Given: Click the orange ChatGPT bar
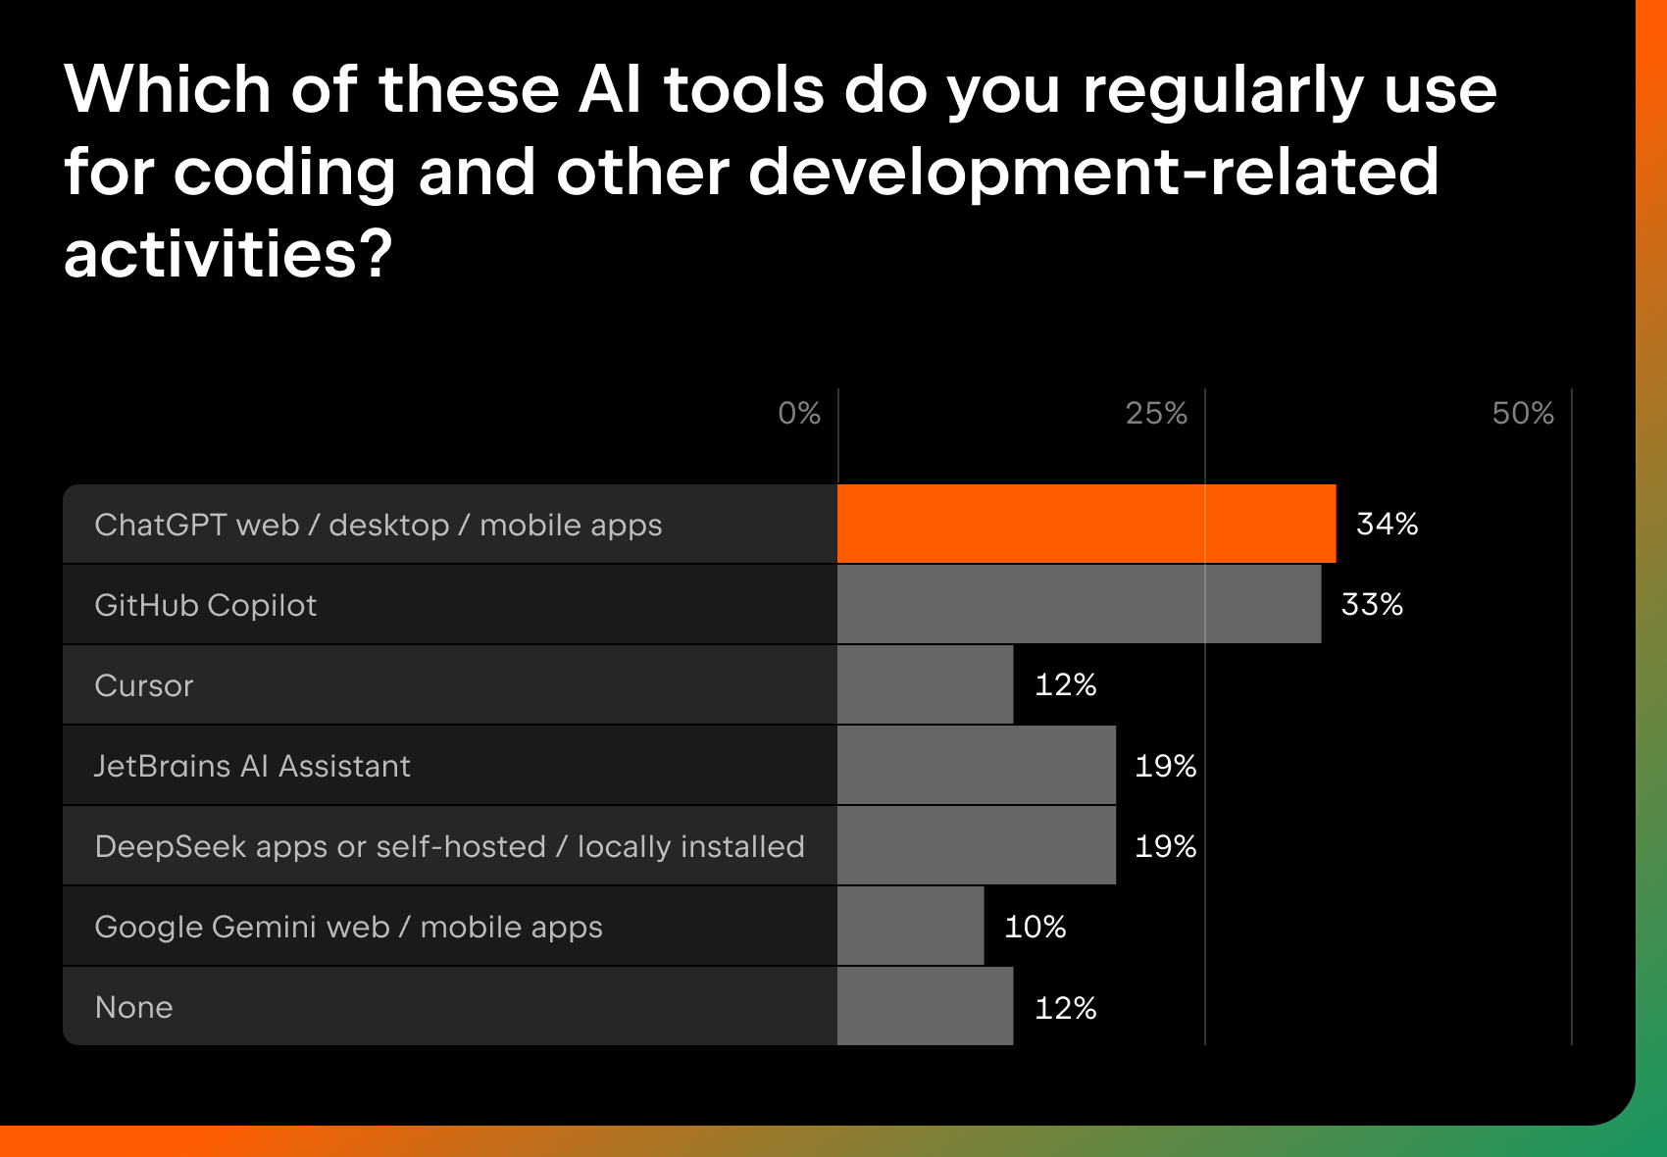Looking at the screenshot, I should click(1086, 524).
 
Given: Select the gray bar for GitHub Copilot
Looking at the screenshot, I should click(1079, 604).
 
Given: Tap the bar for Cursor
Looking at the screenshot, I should click(925, 684).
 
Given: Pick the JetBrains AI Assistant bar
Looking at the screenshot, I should click(977, 765).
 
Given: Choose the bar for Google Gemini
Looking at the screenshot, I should click(910, 926).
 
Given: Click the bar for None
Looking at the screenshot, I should click(925, 1006).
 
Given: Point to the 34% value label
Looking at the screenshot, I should click(1387, 524).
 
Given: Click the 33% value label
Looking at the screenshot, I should click(1372, 604).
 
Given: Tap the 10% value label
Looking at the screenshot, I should click(1035, 926).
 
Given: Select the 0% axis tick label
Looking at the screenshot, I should click(799, 413).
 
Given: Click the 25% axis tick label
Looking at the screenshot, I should click(1156, 413).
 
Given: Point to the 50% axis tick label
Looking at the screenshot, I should click(1523, 413).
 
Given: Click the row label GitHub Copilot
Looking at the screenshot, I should click(206, 605).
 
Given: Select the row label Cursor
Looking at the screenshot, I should click(144, 685).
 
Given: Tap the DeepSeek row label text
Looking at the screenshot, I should click(449, 846).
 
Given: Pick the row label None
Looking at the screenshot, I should click(133, 1007).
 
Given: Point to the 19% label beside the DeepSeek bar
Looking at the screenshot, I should click(1165, 845).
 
